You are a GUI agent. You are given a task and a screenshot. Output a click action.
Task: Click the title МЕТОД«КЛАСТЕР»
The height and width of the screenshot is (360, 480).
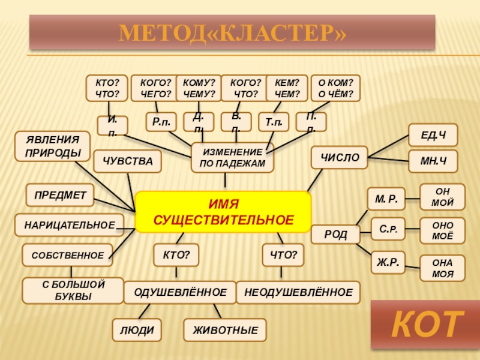[x=232, y=32]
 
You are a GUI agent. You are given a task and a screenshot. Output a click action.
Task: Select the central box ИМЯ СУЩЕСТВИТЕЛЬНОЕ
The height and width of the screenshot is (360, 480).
[x=223, y=212]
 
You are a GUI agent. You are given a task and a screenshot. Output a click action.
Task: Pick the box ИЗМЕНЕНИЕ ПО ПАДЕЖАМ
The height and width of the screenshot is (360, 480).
[x=232, y=158]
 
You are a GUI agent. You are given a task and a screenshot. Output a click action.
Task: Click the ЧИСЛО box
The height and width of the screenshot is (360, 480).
[x=339, y=158]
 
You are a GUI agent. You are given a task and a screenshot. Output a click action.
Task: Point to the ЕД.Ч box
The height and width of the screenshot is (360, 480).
[x=433, y=135]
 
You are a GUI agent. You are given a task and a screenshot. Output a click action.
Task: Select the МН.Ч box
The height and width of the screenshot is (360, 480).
[x=433, y=161]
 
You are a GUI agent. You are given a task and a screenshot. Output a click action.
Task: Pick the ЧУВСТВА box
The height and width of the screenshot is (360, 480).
[x=128, y=161]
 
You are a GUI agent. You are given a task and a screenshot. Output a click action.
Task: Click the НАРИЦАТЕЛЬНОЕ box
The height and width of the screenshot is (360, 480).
[x=70, y=225]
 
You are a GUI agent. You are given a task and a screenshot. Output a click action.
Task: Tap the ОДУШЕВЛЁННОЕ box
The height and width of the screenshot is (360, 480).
[x=179, y=292]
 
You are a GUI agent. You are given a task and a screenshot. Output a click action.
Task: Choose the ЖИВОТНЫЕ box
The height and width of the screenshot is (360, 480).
[x=225, y=329]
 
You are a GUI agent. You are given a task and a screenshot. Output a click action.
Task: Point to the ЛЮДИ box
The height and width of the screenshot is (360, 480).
[x=137, y=329]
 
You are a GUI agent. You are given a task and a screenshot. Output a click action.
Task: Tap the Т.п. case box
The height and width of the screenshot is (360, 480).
[x=274, y=122]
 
